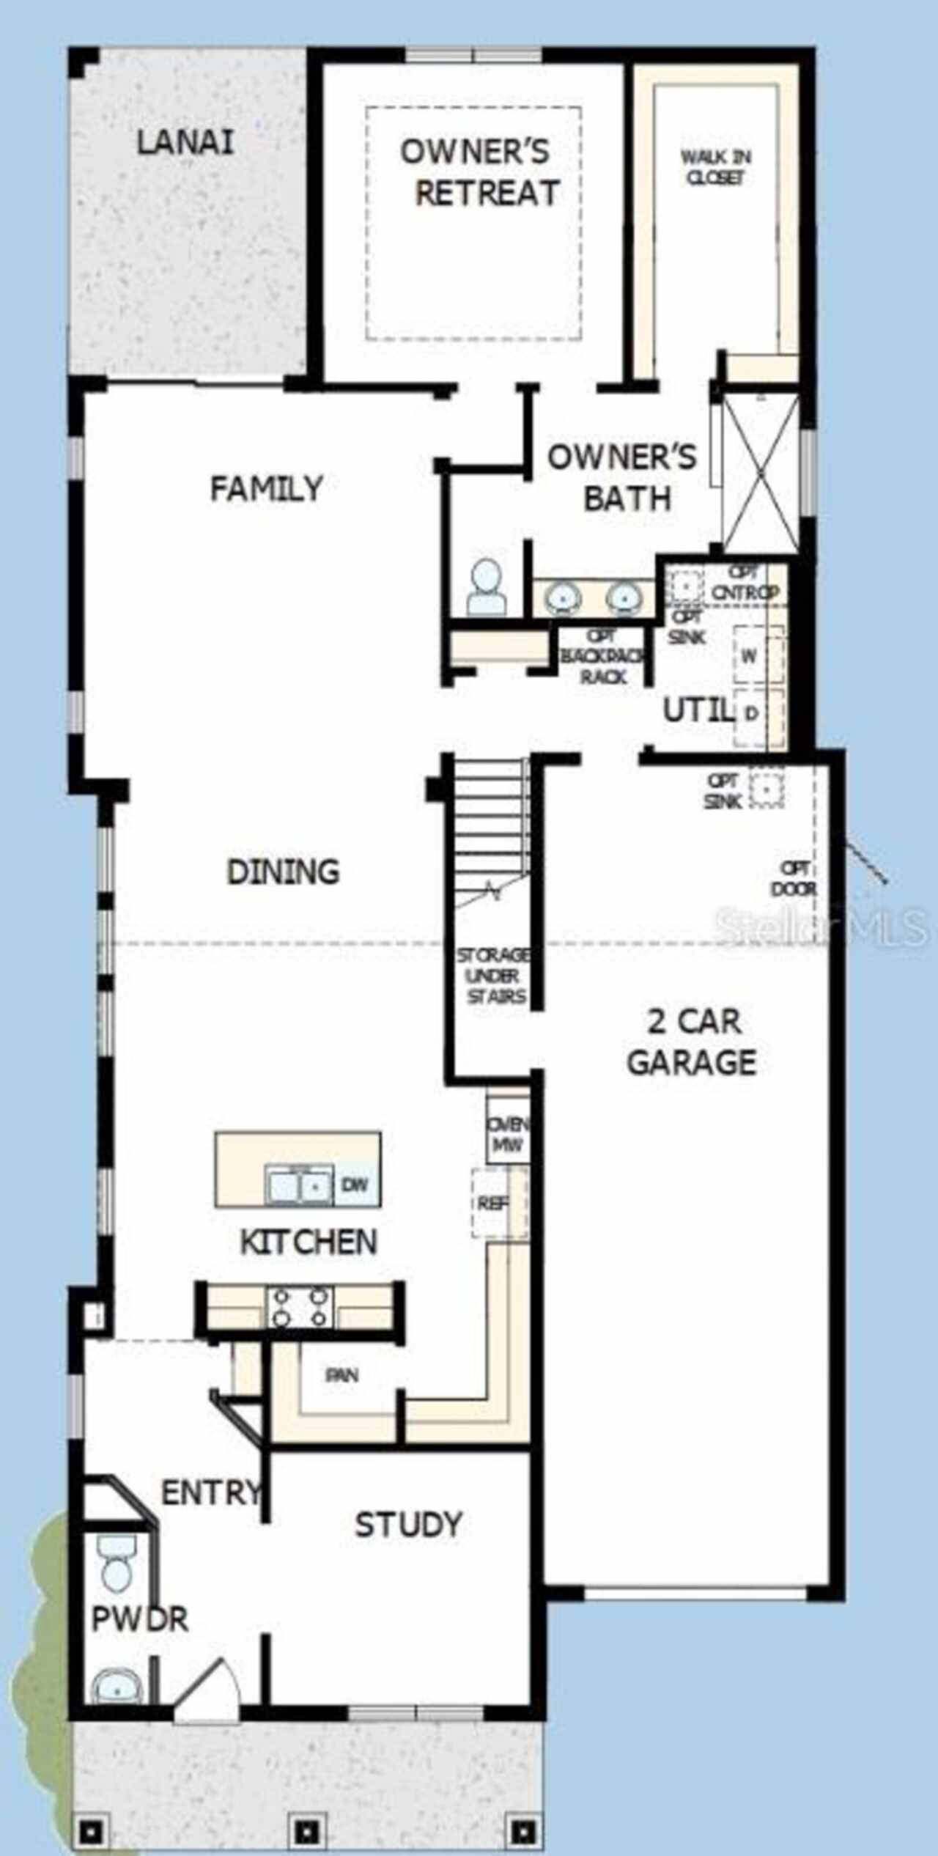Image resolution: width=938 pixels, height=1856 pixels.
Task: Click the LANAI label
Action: [185, 141]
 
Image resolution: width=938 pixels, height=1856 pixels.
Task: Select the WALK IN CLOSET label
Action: [715, 167]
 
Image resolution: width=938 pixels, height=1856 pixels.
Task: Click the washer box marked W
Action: [749, 655]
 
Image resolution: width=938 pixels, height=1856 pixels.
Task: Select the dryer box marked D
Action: [750, 712]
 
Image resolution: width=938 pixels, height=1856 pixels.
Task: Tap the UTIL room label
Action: [698, 710]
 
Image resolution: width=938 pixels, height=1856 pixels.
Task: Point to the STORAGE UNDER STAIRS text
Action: [492, 976]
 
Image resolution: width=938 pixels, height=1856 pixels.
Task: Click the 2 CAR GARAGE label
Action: [693, 1042]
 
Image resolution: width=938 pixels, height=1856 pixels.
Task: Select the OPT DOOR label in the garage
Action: [794, 878]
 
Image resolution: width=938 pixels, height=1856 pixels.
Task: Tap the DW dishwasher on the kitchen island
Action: [355, 1185]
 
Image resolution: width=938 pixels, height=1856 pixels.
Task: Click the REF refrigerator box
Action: [492, 1203]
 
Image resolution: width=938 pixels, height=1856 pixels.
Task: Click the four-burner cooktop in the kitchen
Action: [300, 1308]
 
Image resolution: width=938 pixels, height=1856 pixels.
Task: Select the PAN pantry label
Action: [342, 1375]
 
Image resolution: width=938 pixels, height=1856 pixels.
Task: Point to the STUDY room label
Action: [408, 1525]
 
